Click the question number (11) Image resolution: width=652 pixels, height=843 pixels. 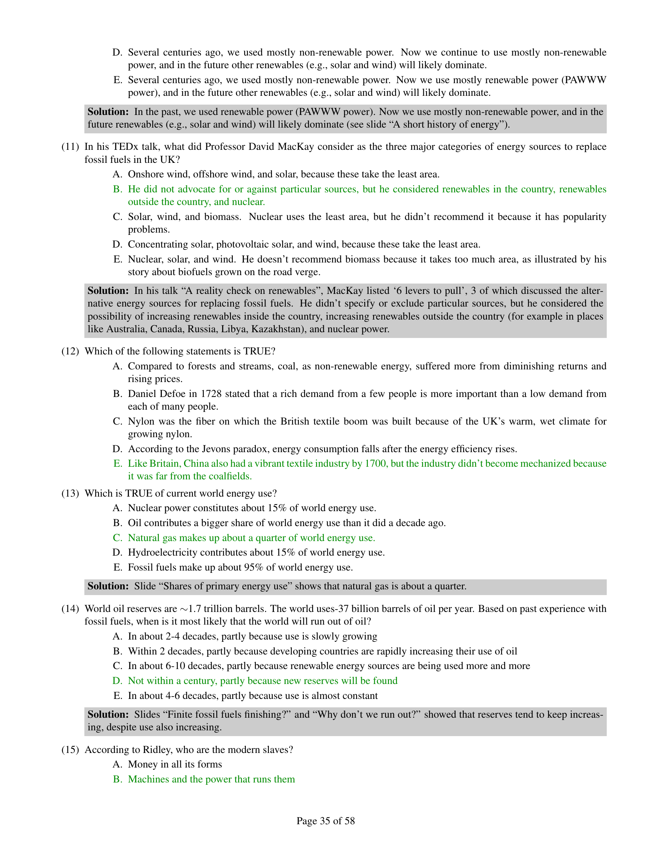coord(70,147)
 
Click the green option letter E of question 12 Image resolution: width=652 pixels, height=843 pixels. coord(117,464)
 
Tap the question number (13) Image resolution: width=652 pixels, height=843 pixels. coord(70,493)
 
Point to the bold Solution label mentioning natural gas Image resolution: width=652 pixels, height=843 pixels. coord(108,586)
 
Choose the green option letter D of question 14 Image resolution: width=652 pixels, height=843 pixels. coord(117,681)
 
